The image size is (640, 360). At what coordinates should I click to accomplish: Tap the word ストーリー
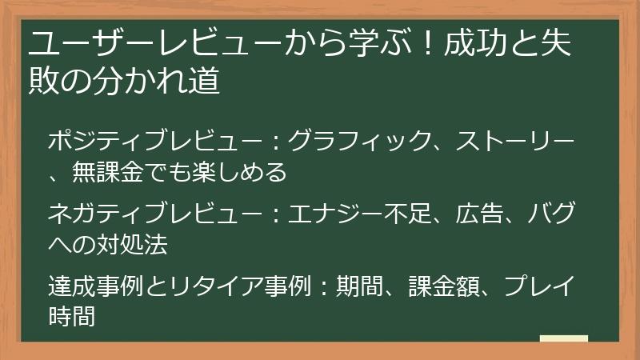pos(515,141)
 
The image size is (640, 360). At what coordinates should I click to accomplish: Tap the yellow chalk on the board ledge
pos(563,338)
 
